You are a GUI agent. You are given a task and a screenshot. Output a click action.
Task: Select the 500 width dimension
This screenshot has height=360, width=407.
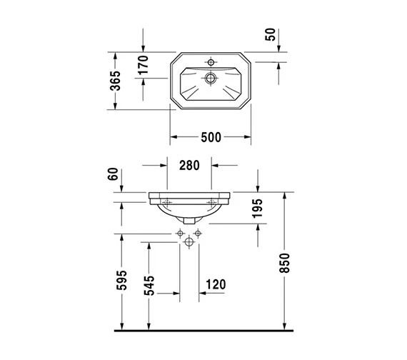click(x=211, y=137)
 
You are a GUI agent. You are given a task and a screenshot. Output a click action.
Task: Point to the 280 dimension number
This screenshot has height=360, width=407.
click(x=189, y=166)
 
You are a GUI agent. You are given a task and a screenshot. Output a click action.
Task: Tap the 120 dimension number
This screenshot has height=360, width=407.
click(x=216, y=284)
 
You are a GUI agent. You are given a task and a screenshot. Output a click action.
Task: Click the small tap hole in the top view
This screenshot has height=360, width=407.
click(x=211, y=62)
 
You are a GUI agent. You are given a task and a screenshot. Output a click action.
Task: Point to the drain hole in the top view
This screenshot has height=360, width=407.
click(x=211, y=78)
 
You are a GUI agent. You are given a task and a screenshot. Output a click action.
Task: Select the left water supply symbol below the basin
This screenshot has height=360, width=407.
click(x=179, y=234)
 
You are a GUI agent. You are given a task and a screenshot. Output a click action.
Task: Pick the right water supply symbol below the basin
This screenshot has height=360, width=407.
click(x=198, y=234)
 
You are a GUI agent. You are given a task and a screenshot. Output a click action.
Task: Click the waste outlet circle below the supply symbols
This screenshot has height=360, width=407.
click(x=189, y=243)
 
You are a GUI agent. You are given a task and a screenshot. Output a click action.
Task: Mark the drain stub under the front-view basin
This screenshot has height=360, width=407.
click(x=189, y=220)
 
